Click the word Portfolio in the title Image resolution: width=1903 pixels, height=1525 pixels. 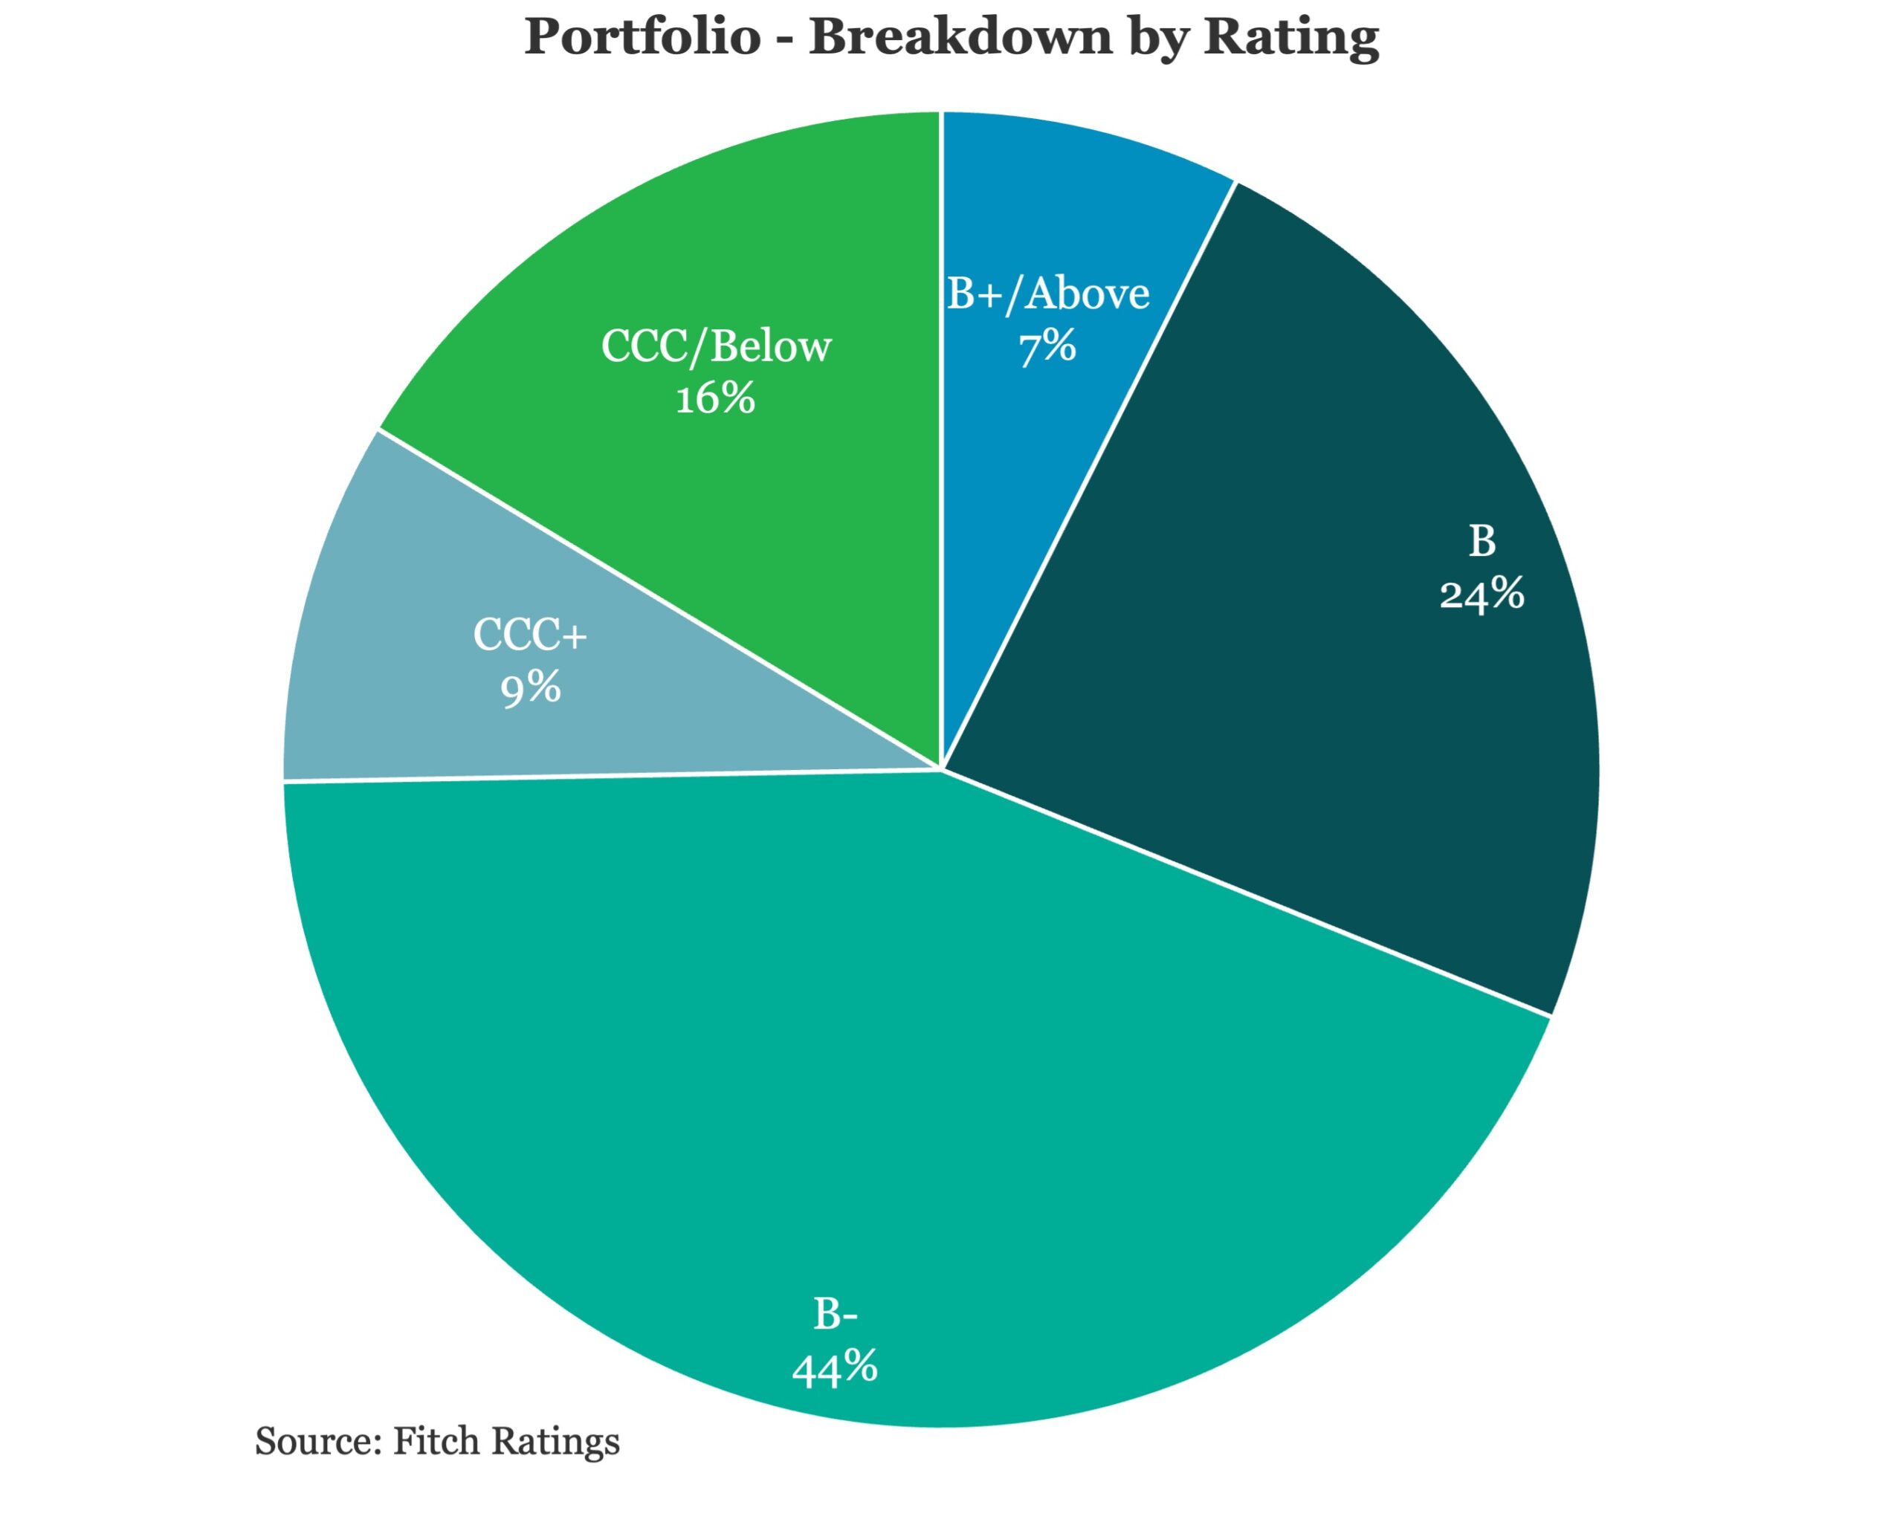(642, 37)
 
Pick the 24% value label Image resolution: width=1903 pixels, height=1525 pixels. (1482, 594)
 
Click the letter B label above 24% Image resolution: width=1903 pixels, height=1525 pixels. (1482, 541)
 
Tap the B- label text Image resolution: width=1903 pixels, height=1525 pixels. (835, 1314)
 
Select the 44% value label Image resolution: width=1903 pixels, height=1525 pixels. (835, 1368)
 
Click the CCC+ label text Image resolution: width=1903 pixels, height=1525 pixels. (531, 635)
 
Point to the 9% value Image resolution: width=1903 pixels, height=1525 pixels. (531, 687)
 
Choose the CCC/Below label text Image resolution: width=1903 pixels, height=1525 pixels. (716, 346)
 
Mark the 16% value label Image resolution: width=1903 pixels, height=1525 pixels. (716, 399)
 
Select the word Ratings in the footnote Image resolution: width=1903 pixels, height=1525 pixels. (555, 1442)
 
